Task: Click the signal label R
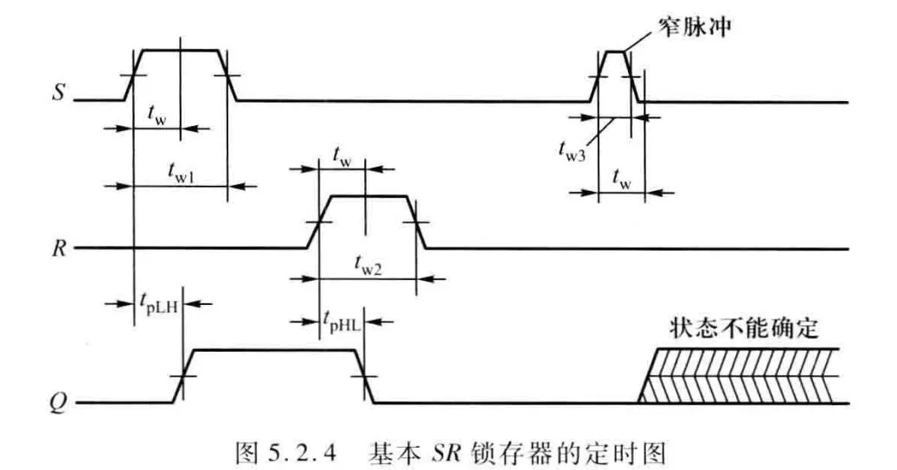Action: point(57,249)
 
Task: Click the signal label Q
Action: point(57,403)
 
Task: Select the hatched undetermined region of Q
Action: point(744,376)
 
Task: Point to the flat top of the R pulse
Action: point(368,196)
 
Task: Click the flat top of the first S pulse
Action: point(180,50)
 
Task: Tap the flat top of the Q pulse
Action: point(272,349)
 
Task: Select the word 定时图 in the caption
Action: point(635,451)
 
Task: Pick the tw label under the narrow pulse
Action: point(621,177)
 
